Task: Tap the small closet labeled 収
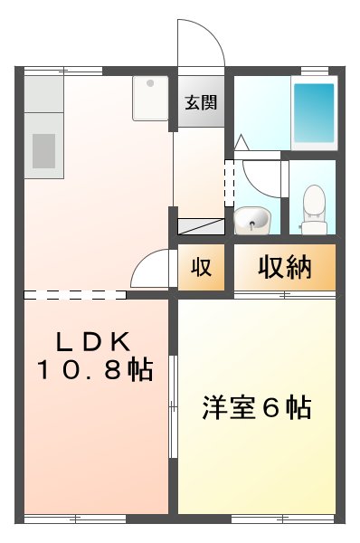[x=200, y=268]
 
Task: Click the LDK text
[x=95, y=342]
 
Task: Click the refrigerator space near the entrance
[x=147, y=98]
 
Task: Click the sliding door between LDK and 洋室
[x=174, y=407]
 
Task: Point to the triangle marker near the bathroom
[x=241, y=143]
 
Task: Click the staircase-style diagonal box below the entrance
[x=200, y=226]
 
